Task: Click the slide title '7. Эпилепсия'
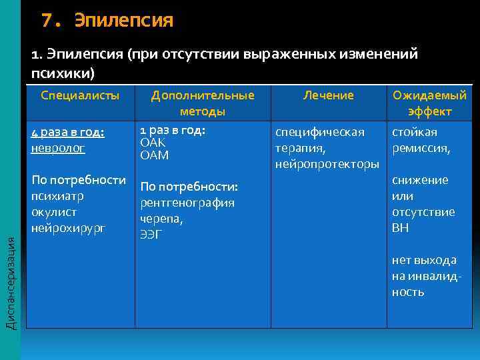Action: (107, 21)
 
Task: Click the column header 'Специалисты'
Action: (80, 95)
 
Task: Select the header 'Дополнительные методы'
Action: (203, 103)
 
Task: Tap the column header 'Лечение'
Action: (328, 95)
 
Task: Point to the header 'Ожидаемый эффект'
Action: (430, 103)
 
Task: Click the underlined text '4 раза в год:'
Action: (67, 132)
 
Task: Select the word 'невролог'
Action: (58, 148)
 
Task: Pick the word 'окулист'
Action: (54, 212)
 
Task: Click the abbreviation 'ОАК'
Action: (153, 143)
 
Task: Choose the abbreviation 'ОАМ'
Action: (154, 155)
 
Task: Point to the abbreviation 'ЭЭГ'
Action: (150, 234)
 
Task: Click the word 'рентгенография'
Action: (187, 203)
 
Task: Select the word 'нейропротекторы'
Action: (327, 164)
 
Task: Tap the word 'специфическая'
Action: (320, 132)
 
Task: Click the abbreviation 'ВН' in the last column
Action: (401, 228)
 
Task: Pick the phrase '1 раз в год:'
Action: (171, 130)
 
